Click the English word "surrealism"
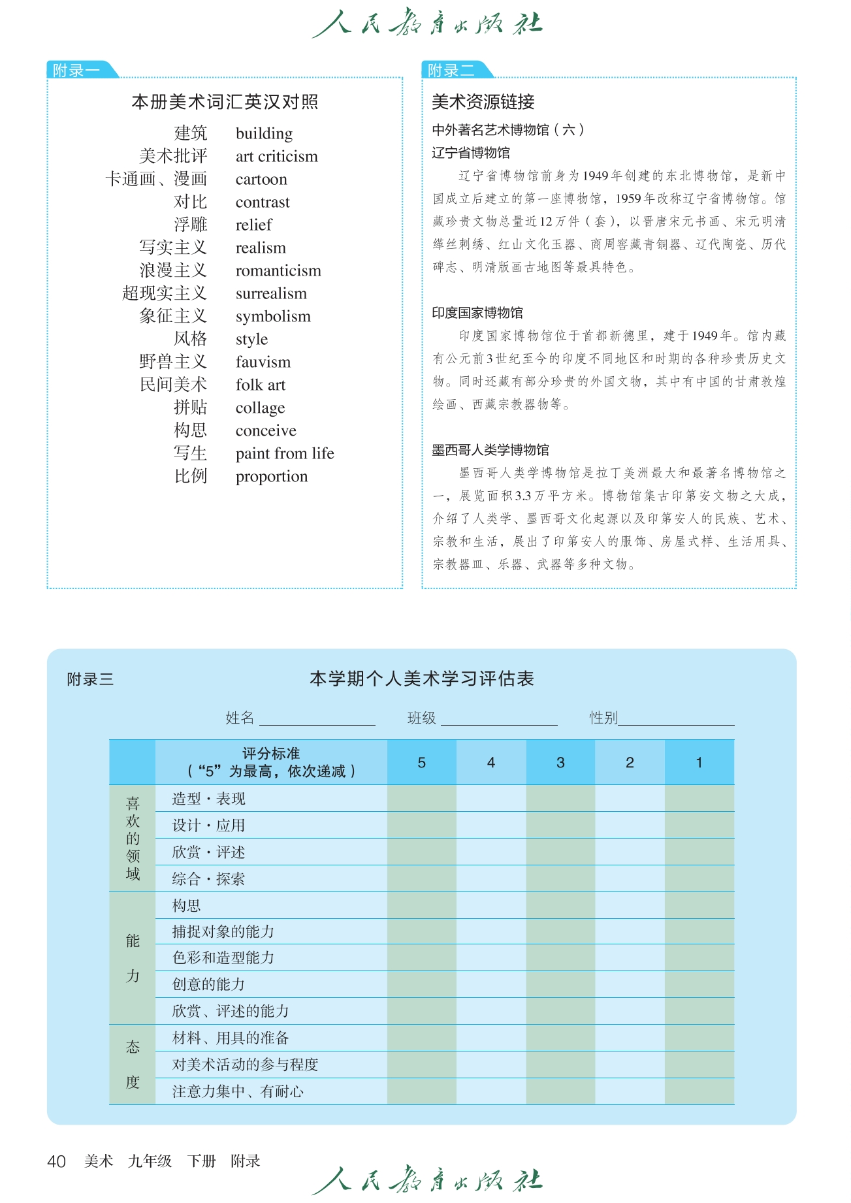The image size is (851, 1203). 271,294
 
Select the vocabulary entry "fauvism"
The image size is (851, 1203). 263,362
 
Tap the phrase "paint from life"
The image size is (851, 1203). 285,454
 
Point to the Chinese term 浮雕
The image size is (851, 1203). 190,225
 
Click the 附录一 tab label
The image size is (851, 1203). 76,70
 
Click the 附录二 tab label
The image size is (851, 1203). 451,70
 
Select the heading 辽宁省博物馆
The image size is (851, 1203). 471,153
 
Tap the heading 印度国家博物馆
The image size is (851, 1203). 477,313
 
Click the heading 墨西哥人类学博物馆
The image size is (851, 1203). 490,450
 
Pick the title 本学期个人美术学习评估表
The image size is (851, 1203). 422,679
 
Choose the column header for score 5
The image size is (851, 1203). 422,763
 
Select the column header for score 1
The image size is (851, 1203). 699,763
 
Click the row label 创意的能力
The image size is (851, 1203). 208,984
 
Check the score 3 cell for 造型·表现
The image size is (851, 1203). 560,799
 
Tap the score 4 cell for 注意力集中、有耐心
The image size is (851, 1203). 491,1091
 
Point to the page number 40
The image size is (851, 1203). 57,1161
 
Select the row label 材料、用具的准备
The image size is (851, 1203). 231,1038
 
